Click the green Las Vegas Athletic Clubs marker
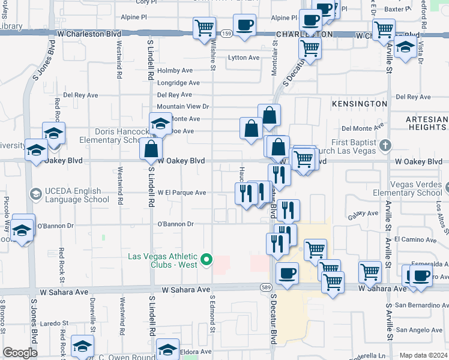click(x=207, y=260)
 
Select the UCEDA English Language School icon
click(x=35, y=194)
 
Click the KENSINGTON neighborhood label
click(x=360, y=104)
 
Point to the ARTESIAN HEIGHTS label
click(x=426, y=123)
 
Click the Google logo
click(x=20, y=353)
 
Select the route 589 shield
click(x=265, y=289)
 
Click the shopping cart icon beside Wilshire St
click(x=204, y=27)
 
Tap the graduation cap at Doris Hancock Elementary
click(x=160, y=124)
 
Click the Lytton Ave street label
click(x=243, y=58)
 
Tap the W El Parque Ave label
click(x=182, y=193)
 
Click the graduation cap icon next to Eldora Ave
click(x=167, y=350)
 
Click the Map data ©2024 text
click(x=423, y=355)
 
